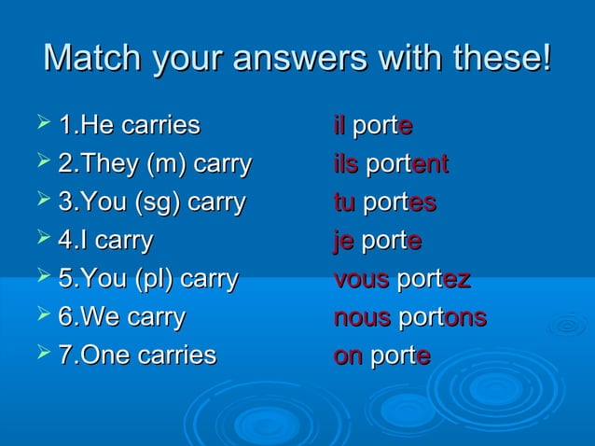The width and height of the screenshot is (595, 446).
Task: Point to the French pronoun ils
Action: coord(345,164)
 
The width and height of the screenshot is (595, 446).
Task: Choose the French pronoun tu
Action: coord(344,202)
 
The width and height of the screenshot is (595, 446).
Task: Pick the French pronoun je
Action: coord(344,241)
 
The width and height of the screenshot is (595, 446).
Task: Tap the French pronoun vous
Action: coord(361,279)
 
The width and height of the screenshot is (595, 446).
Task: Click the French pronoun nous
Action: coord(362,317)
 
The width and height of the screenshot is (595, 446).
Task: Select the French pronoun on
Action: coord(348,355)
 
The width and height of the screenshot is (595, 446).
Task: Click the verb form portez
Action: coord(434,279)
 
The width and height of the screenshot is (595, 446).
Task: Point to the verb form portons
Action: coord(442,317)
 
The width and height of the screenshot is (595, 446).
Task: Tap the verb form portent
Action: coord(407,164)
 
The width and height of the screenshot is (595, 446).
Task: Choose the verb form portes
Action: coord(399,202)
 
